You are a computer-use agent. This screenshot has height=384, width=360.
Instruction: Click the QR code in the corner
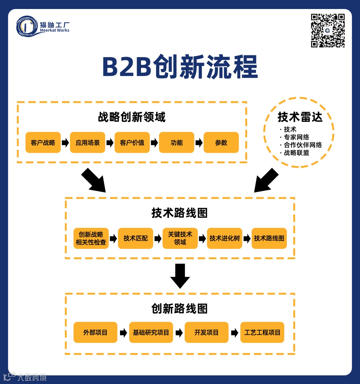click(328, 30)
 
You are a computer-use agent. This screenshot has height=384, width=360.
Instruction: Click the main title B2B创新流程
click(180, 67)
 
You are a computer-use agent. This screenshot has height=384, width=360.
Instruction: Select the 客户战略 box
click(43, 142)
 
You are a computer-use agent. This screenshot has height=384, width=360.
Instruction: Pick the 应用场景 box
click(87, 142)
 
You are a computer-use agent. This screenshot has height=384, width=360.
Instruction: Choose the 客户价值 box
click(132, 142)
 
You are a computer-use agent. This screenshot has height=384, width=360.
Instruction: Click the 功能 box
click(176, 142)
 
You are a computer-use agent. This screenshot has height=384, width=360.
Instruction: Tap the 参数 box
click(221, 142)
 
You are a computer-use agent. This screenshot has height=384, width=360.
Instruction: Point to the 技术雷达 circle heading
click(300, 117)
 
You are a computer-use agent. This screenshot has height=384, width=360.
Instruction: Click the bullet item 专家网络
click(296, 137)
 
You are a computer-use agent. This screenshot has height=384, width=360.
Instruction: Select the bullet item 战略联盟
click(296, 153)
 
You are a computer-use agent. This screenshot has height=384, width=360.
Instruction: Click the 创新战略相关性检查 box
click(91, 238)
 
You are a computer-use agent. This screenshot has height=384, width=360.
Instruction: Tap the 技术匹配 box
click(135, 238)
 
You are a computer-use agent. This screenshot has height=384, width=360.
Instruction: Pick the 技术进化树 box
click(224, 238)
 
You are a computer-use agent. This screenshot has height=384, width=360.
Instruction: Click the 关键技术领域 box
click(180, 238)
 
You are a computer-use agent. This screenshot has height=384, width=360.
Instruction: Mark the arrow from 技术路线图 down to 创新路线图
click(180, 276)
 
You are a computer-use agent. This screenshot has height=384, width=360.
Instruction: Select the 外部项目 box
click(95, 332)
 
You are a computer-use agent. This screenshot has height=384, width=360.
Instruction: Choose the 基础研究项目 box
click(151, 332)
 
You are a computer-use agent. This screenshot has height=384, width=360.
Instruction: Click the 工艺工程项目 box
click(262, 332)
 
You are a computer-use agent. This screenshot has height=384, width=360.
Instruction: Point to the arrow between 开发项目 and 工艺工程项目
click(235, 333)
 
